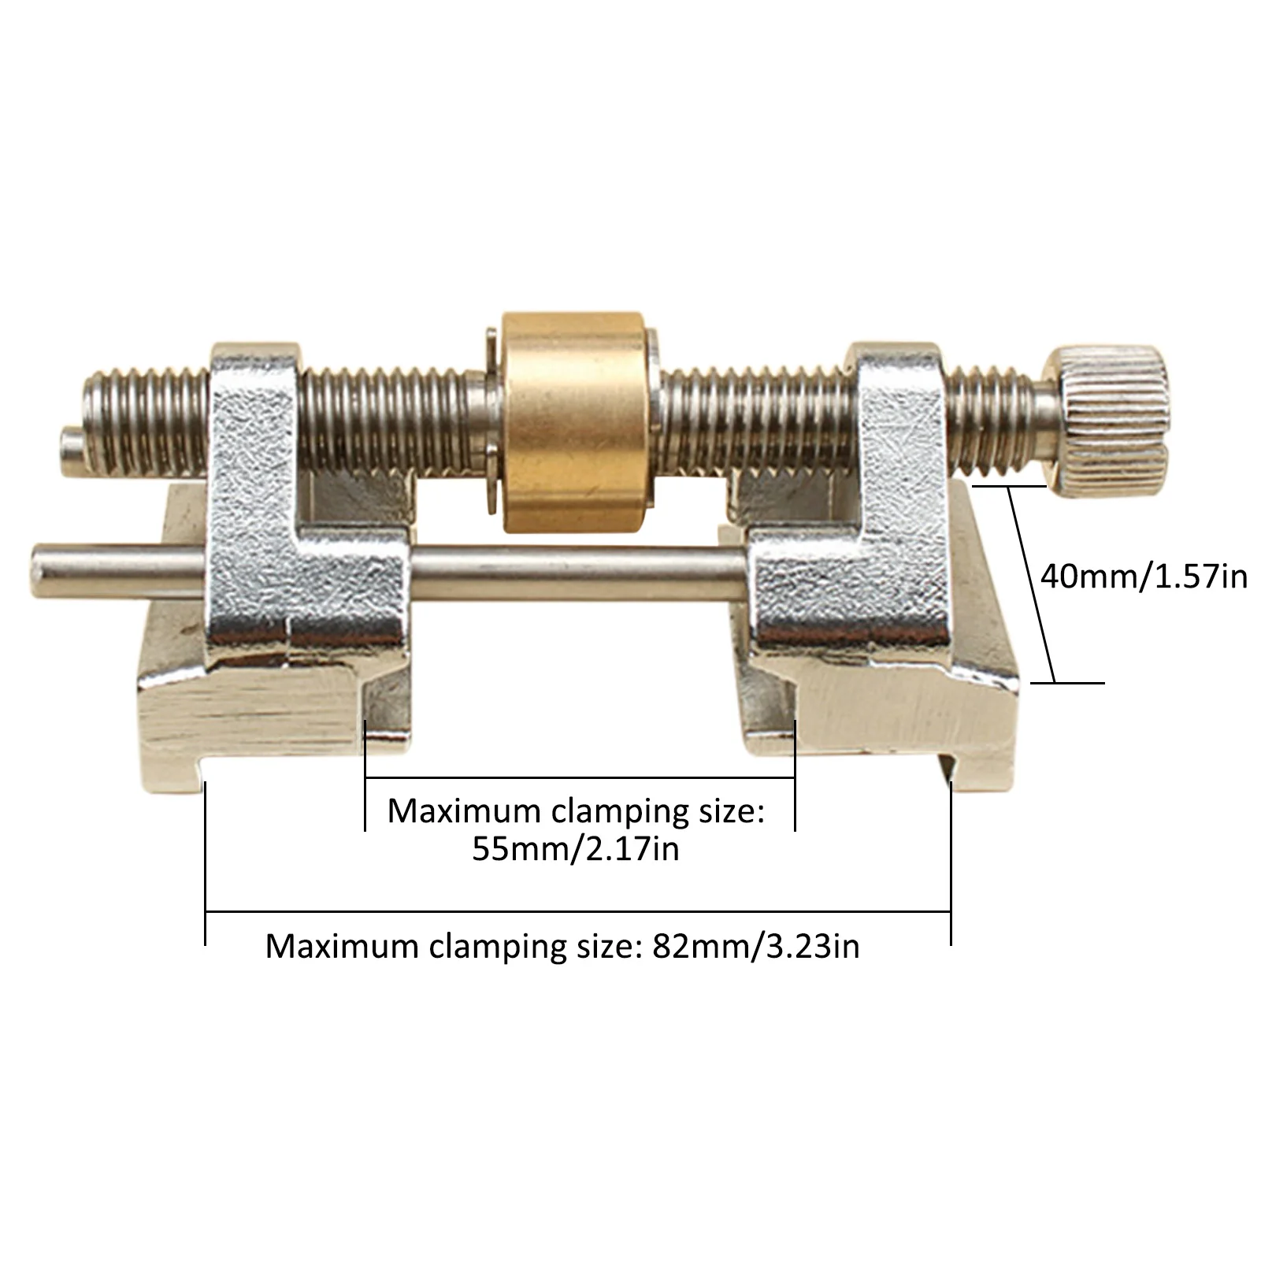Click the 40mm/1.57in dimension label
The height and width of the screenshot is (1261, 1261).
click(1144, 577)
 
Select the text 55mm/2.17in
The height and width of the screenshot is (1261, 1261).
click(576, 850)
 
